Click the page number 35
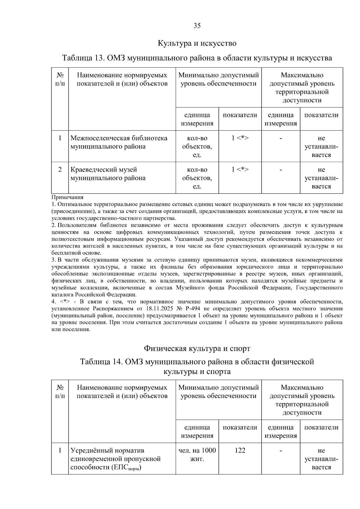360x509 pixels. (197, 26)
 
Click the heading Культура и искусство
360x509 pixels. (197, 43)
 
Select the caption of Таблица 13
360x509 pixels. (197, 58)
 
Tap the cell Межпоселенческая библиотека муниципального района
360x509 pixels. (119, 142)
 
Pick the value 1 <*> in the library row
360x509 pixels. (240, 138)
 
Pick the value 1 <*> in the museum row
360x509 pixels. (240, 169)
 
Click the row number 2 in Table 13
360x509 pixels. (60, 169)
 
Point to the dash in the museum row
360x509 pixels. (280, 170)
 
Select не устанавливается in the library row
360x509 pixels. (321, 146)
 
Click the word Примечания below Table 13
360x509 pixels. (67, 197)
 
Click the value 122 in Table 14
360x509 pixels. (240, 450)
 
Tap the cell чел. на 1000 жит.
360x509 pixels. (197, 454)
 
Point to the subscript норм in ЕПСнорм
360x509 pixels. (135, 469)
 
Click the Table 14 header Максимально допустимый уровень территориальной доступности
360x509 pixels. (302, 400)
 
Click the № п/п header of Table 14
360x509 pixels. (60, 391)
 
